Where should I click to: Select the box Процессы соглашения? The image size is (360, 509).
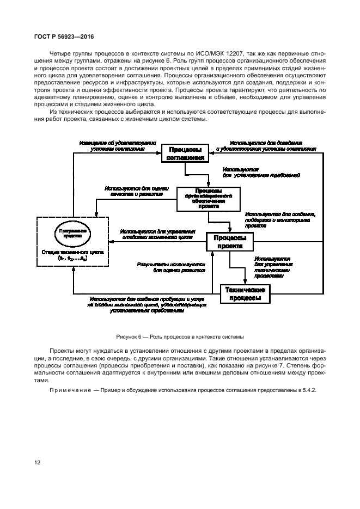pos(184,154)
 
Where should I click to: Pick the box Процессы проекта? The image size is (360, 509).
pos(229,242)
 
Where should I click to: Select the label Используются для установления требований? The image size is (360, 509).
pos(260,173)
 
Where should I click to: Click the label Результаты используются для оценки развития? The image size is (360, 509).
pos(170,266)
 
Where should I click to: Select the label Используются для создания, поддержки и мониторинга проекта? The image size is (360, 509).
pos(280,219)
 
